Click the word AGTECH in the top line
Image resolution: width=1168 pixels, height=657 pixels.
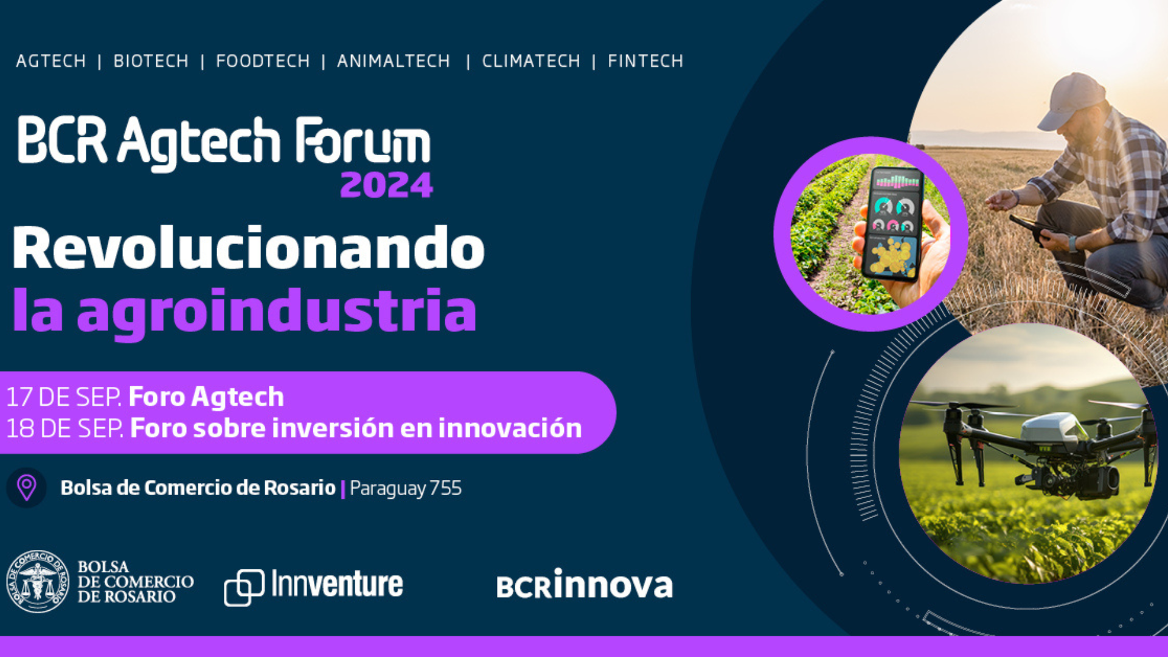pos(51,61)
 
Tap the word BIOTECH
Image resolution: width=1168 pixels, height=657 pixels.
pos(151,61)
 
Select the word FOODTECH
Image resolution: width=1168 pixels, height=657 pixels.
pos(263,61)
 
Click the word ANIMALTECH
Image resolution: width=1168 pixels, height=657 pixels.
pos(394,61)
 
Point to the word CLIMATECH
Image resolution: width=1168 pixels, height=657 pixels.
pos(531,61)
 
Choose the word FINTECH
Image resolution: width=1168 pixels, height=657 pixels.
pos(645,61)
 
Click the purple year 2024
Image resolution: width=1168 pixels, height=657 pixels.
pos(387,185)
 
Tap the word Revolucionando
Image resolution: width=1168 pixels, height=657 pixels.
pos(248,248)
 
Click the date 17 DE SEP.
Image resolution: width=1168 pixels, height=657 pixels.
pos(64,397)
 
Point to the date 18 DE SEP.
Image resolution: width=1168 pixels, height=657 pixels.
pos(65,428)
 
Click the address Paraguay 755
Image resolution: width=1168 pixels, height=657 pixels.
pos(406,488)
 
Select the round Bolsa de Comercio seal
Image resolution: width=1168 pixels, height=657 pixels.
pos(38,582)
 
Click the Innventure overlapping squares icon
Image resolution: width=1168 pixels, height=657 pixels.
pos(244,588)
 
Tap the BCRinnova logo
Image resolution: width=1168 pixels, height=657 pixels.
pos(585,584)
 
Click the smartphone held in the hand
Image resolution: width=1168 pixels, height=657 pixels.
pos(892,224)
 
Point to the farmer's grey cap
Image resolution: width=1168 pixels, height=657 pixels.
pos(1071,100)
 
